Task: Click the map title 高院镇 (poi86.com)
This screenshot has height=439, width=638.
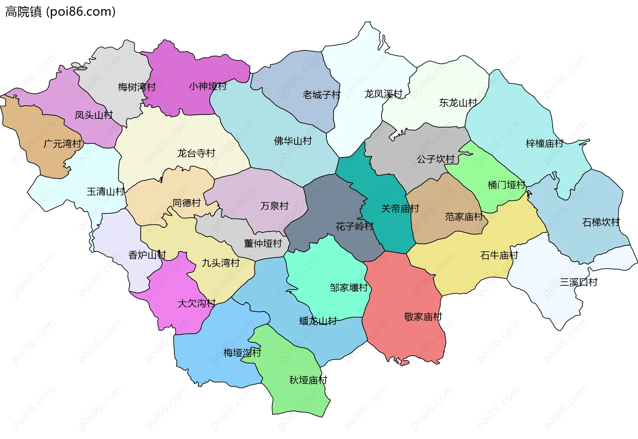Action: click(x=60, y=12)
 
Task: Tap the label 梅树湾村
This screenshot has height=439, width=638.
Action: click(x=137, y=87)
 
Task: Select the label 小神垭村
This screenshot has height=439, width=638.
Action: click(x=208, y=86)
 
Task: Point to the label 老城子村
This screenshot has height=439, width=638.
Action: click(x=321, y=95)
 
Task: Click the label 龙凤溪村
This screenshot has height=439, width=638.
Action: click(x=383, y=94)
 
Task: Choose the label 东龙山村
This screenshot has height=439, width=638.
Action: click(x=458, y=103)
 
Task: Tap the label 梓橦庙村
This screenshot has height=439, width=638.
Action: click(x=544, y=143)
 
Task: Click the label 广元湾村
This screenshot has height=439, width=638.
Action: click(x=62, y=144)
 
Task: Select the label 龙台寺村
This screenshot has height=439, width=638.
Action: click(x=196, y=153)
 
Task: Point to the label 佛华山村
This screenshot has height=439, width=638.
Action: click(x=293, y=141)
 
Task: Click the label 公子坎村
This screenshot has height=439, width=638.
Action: click(x=435, y=159)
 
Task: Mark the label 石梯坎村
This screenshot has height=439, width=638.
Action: click(x=601, y=222)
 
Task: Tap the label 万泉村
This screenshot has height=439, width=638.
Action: click(x=274, y=206)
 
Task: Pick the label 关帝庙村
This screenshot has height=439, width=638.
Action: click(x=400, y=208)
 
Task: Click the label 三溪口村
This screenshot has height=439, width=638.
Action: click(x=579, y=282)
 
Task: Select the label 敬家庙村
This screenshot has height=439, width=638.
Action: click(x=423, y=317)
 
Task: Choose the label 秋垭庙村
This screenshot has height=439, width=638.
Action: click(x=308, y=380)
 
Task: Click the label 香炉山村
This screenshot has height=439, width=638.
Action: click(x=147, y=255)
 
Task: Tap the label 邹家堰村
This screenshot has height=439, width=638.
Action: click(x=349, y=287)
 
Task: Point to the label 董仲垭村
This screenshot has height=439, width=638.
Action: click(x=263, y=243)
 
